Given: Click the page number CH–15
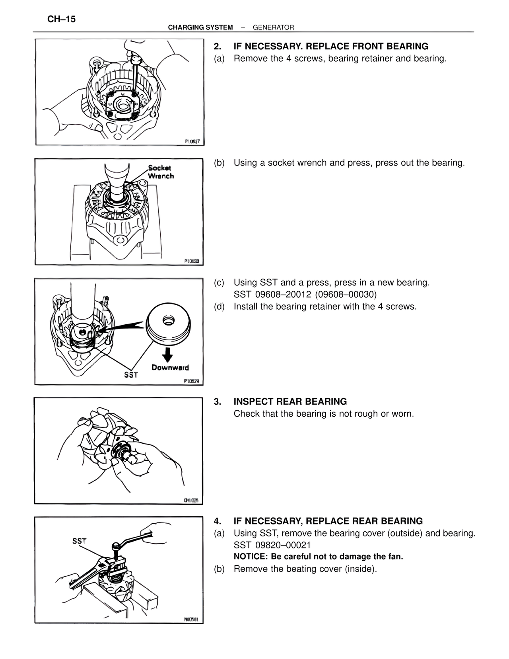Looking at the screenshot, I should coord(61,19).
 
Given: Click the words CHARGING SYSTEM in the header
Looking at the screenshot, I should coord(200,27).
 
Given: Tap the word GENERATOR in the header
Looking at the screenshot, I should coord(273,27).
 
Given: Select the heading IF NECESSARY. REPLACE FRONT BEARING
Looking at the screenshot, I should coord(330,46).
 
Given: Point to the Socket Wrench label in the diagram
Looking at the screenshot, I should coord(161,172).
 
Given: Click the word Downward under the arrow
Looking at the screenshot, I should coord(170,367).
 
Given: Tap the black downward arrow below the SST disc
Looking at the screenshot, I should coord(169,353).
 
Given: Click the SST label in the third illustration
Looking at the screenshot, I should coord(131,374).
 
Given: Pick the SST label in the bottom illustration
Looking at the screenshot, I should coord(79,541).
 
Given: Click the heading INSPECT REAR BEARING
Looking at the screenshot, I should coord(290,402).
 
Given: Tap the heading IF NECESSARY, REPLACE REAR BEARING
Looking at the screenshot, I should coord(328,521).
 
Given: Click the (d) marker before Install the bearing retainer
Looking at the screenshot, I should coord(219,306).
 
